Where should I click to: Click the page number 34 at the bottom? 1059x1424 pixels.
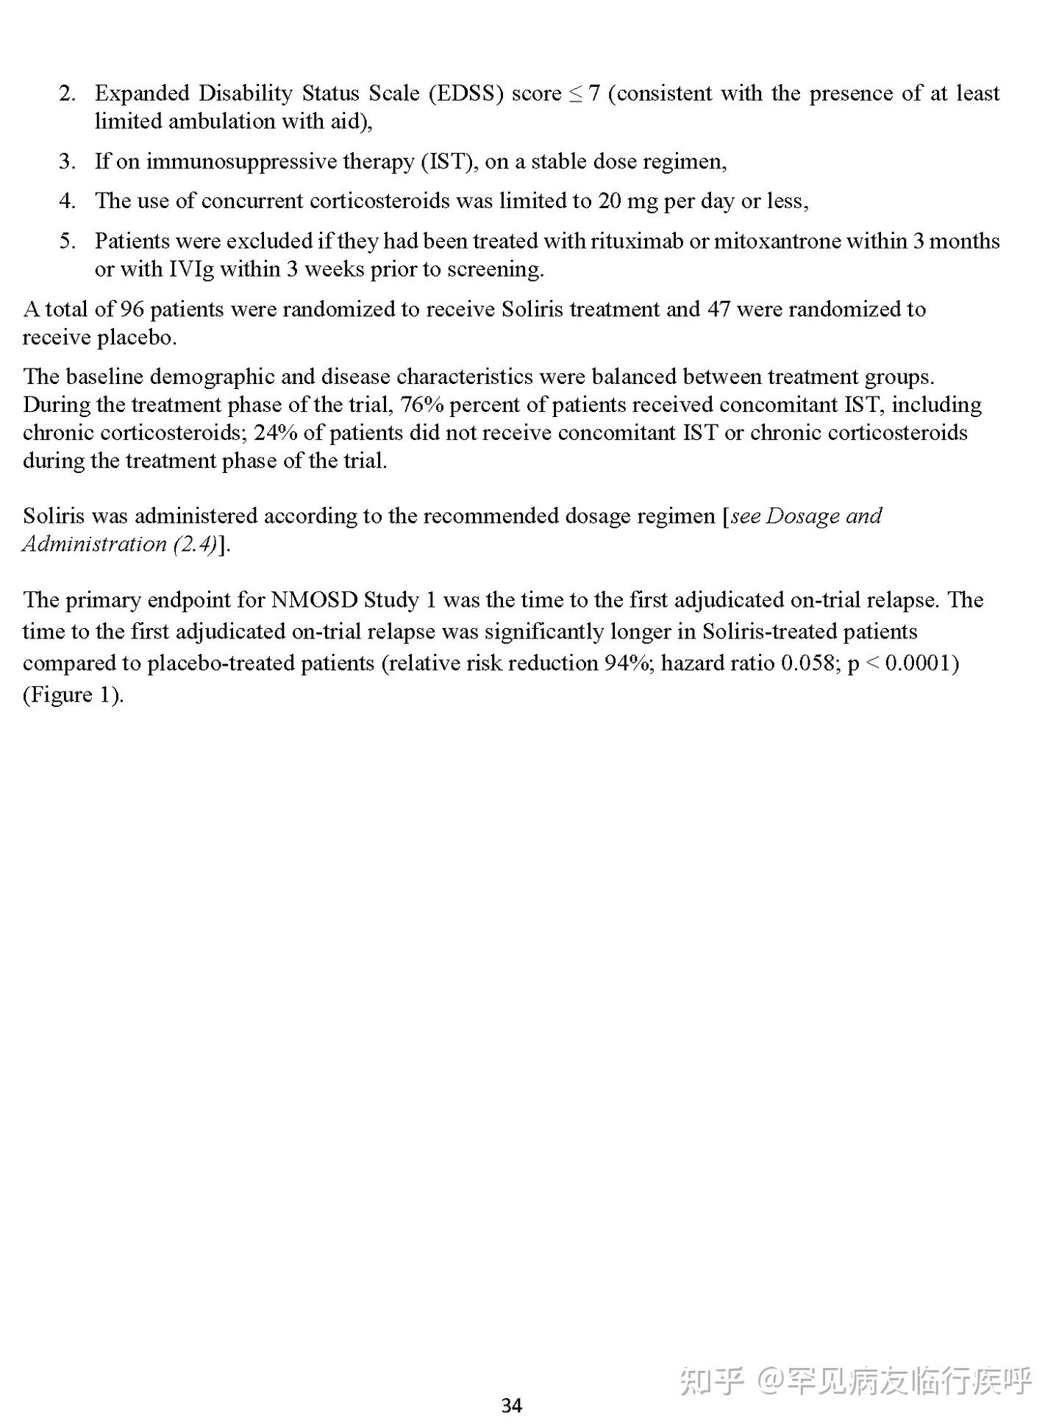coord(511,1406)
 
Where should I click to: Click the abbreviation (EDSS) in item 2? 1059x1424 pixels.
coord(466,93)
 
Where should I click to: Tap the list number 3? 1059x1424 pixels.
coord(68,161)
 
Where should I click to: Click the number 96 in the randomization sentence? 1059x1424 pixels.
coord(132,309)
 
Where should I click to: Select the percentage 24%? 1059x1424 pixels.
coord(276,432)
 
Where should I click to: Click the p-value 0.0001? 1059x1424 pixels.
coord(919,663)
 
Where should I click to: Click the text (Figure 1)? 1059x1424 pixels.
coord(73,695)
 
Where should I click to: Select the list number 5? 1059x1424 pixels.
coord(68,241)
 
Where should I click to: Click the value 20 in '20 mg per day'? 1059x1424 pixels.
coord(610,201)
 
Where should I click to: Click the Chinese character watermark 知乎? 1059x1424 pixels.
coord(711,1381)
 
